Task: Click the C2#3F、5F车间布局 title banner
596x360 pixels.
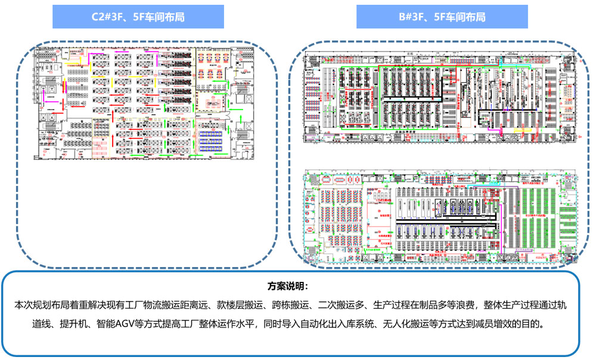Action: click(x=138, y=17)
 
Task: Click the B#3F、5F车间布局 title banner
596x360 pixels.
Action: click(x=442, y=17)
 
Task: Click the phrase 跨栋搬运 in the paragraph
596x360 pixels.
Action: click(x=291, y=305)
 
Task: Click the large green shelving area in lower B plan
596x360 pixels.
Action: click(x=536, y=212)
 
